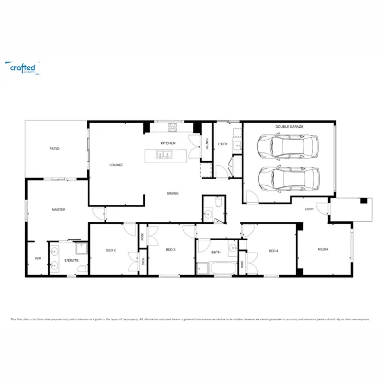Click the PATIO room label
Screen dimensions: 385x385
(x=54, y=148)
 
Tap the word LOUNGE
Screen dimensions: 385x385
(x=116, y=165)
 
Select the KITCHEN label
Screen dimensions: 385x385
(x=168, y=143)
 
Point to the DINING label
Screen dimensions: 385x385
(x=172, y=194)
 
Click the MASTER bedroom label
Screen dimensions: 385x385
(x=58, y=209)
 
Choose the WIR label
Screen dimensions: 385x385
(x=38, y=258)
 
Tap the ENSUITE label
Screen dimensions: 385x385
(x=71, y=261)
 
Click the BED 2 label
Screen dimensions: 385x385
(x=111, y=251)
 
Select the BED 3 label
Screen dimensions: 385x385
(x=170, y=250)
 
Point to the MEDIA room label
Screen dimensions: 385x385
(x=322, y=249)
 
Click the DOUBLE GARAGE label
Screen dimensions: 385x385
(x=289, y=126)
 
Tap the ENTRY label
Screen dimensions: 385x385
(x=309, y=209)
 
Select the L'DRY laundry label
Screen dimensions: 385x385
(x=223, y=144)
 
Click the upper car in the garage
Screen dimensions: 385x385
(x=288, y=146)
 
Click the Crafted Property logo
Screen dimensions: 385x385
(x=23, y=67)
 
